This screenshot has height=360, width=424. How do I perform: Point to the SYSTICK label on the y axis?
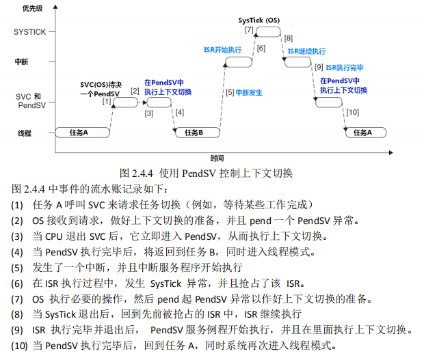coord(29,31)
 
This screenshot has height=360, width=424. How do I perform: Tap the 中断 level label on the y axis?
coord(22,61)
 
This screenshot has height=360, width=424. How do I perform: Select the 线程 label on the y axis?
coord(25,133)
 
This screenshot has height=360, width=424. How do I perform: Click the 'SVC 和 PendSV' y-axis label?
coord(29,101)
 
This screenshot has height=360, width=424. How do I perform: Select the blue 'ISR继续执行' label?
coord(306,51)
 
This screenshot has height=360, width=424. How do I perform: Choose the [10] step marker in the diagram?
coord(353,111)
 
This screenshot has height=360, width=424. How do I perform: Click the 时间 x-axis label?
coord(217,157)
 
